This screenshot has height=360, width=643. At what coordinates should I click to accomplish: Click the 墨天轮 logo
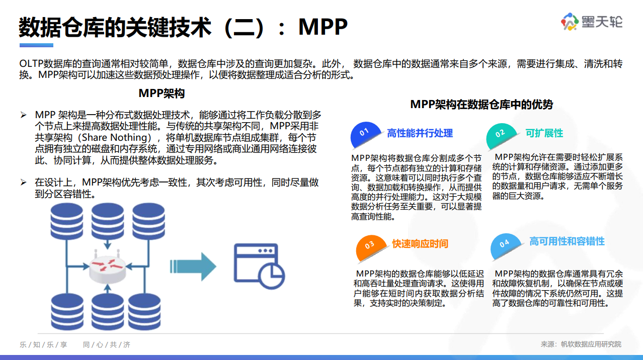point(592,22)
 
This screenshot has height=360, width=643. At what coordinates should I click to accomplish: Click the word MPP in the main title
point(323,27)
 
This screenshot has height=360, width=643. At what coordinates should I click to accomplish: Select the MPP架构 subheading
point(162,94)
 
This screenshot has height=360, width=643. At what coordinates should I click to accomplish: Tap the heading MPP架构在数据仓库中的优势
point(481,104)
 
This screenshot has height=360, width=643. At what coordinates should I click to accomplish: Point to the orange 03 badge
point(370,245)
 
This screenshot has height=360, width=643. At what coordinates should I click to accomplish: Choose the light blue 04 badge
point(505,244)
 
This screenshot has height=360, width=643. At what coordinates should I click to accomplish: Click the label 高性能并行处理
point(420,133)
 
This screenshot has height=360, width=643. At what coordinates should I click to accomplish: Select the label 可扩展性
point(544,133)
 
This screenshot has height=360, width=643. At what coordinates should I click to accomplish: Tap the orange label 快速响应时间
point(420,244)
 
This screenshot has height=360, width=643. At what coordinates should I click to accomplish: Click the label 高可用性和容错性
point(567,242)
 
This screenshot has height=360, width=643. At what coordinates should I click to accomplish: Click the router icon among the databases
point(107,266)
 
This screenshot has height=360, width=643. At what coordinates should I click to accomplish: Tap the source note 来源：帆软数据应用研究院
point(581,344)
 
